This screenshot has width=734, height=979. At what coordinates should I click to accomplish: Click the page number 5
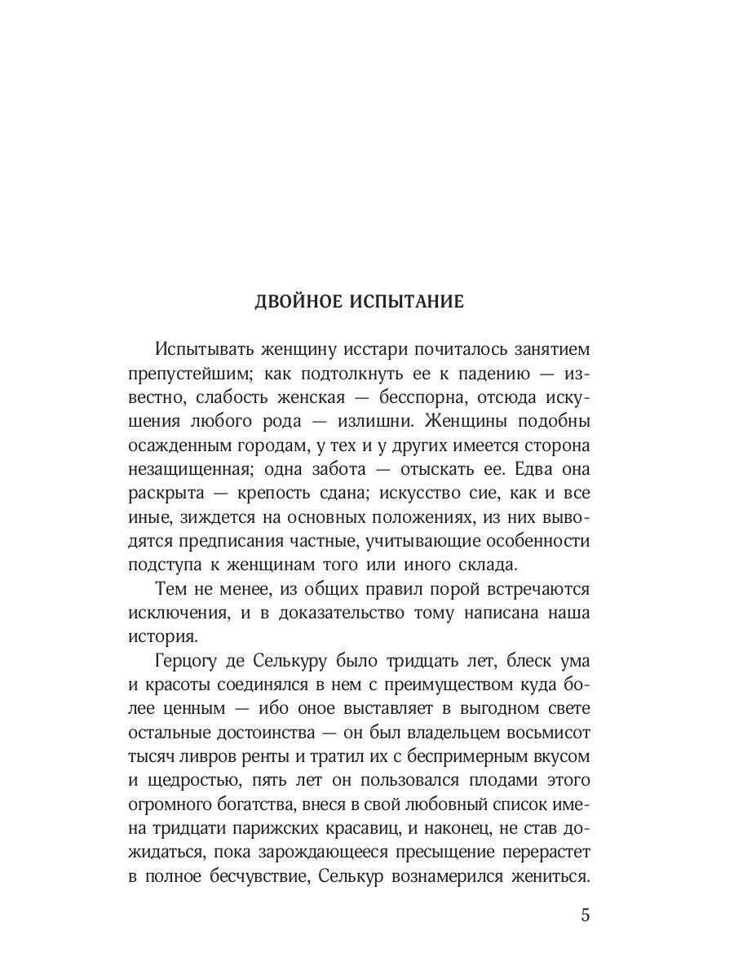[585, 914]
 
